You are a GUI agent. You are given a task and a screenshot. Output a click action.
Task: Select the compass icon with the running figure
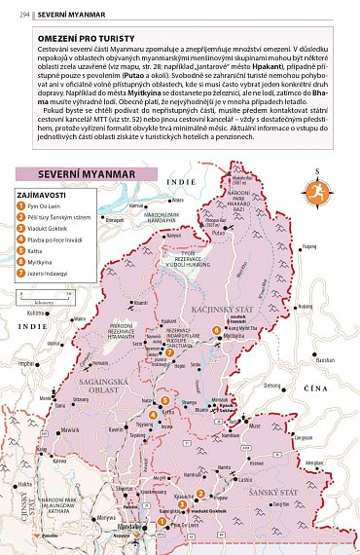[x=313, y=190]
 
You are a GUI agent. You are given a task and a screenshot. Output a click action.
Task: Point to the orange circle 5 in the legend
[x=21, y=252]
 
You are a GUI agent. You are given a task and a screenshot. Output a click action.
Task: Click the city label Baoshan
[x=325, y=359]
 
